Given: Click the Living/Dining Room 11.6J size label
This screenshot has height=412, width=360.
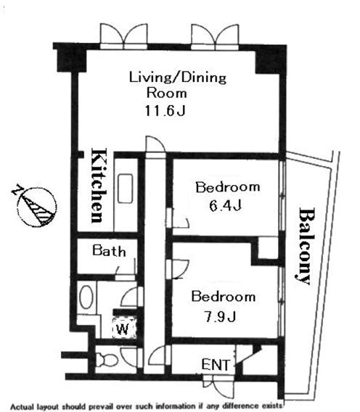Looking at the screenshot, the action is (x=165, y=111).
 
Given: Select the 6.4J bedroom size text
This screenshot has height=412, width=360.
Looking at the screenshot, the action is (x=225, y=206).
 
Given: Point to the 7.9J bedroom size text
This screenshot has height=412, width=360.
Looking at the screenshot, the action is (x=220, y=316).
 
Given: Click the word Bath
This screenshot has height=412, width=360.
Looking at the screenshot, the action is (x=109, y=250).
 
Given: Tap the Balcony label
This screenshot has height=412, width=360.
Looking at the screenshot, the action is (x=305, y=246).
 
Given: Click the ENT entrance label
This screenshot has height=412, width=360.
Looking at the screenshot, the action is (x=216, y=365).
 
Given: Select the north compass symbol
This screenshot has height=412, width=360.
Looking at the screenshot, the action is (x=36, y=205).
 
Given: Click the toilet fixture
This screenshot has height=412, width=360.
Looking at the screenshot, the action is (x=106, y=360).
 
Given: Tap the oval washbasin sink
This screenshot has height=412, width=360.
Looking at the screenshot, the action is (x=86, y=297).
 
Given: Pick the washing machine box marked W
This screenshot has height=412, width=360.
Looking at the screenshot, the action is (x=123, y=328).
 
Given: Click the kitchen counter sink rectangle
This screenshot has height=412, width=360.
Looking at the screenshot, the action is (x=125, y=189).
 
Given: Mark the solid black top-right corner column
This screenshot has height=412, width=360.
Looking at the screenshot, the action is (x=271, y=60).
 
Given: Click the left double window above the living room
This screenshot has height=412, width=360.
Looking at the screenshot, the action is (x=124, y=36).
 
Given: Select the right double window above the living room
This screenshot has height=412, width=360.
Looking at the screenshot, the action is (x=215, y=37).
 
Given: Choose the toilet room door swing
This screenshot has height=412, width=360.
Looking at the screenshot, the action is (x=131, y=357).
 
